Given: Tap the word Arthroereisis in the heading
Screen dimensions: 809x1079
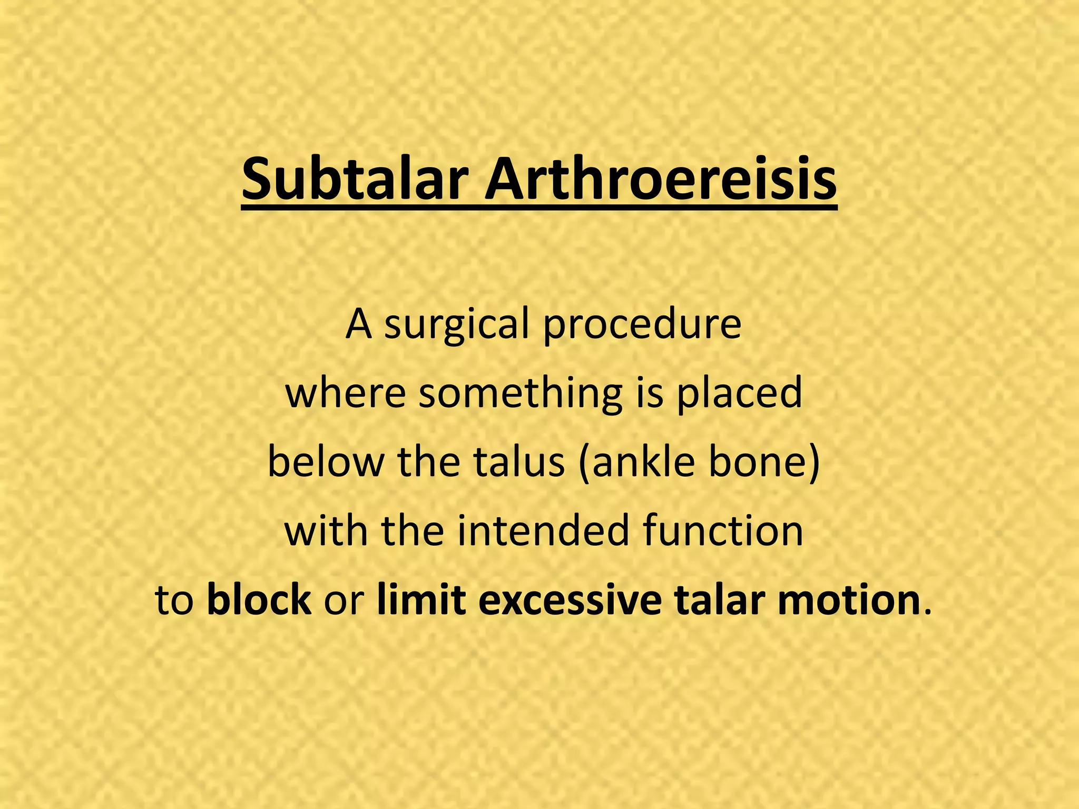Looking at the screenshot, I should [x=660, y=181].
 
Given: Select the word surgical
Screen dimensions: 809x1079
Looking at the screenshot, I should [x=456, y=325].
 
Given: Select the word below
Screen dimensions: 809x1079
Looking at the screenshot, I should [x=326, y=461].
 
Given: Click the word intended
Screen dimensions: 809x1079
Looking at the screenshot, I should [x=543, y=530].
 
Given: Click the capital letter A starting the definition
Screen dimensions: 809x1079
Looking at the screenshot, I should [x=359, y=325].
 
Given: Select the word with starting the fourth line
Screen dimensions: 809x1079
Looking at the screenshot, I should [x=326, y=530].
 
